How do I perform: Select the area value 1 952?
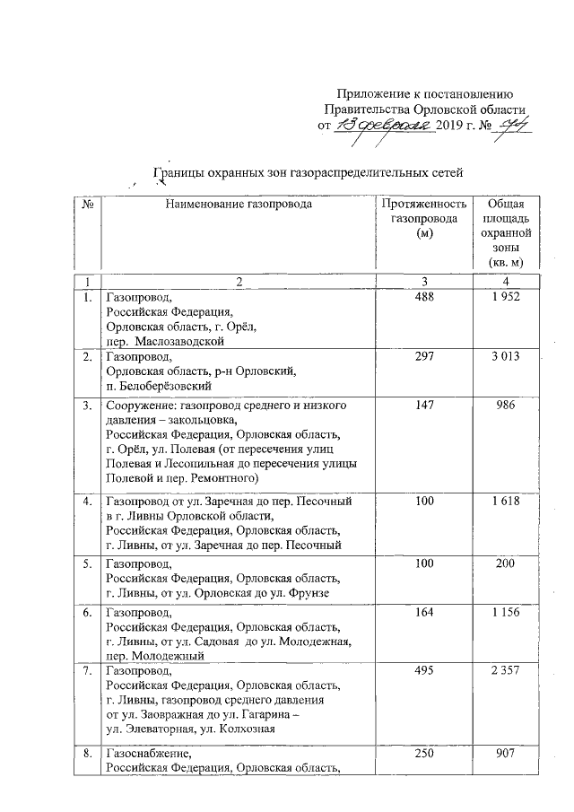507,297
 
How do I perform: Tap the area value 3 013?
507,357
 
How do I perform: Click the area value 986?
507,406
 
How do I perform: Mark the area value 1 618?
507,500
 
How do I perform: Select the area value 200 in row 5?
507,563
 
